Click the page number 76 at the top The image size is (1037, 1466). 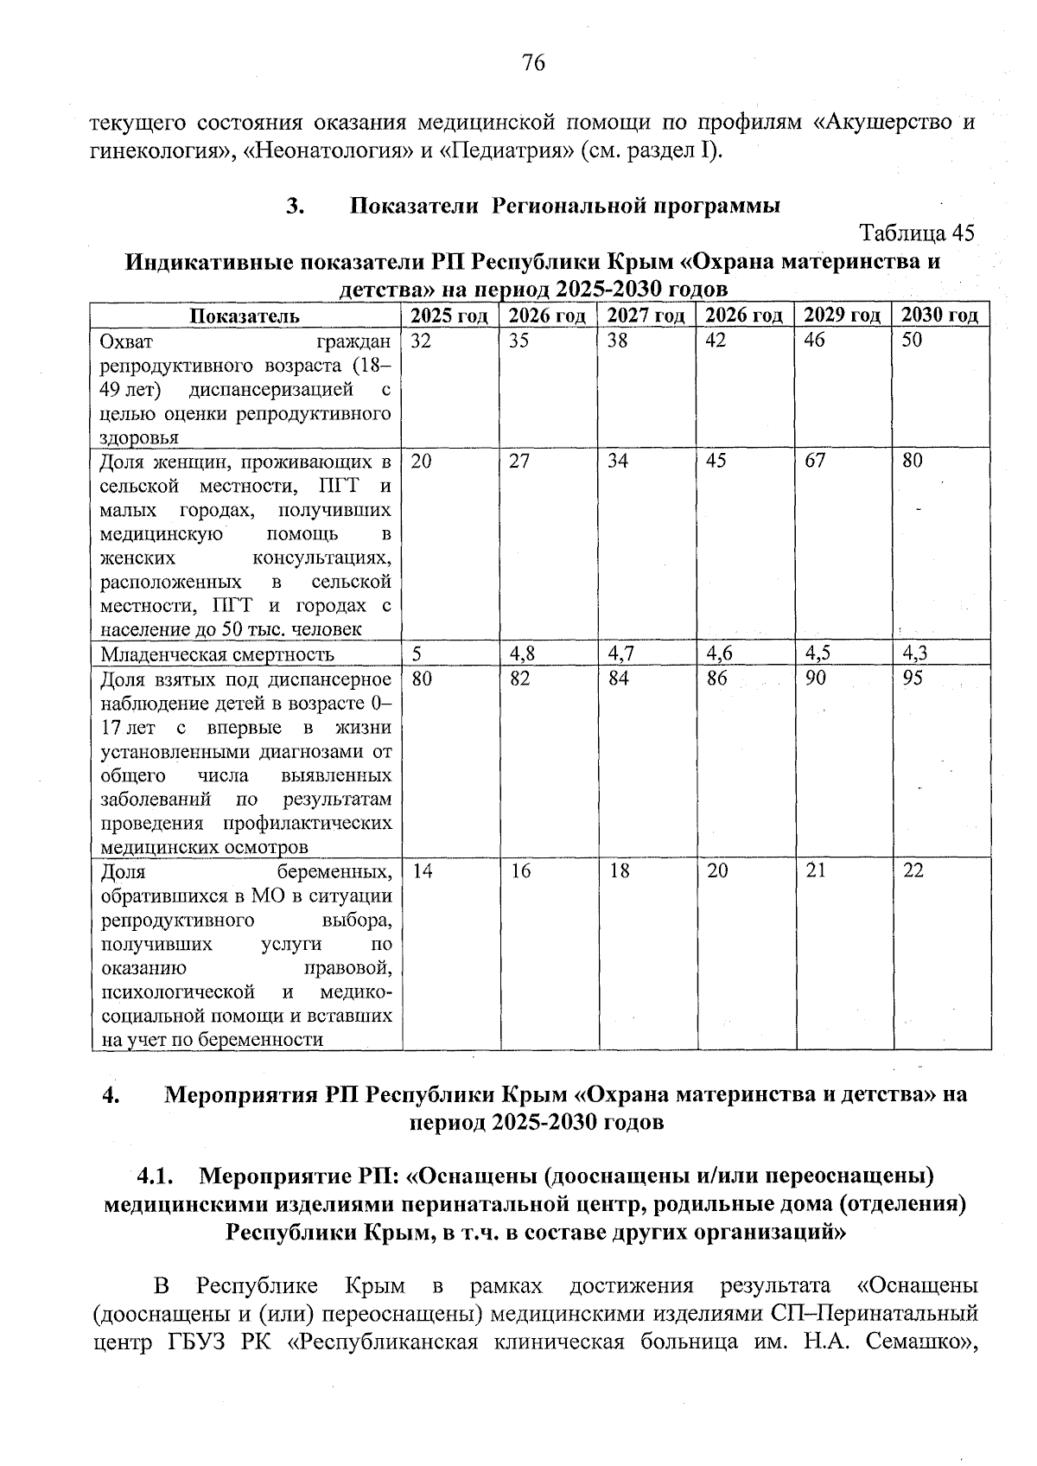(533, 63)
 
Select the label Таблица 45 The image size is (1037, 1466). (917, 233)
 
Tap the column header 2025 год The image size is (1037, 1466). (449, 316)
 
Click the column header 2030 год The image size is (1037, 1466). (940, 316)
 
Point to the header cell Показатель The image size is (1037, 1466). (245, 316)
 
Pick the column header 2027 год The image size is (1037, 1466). (646, 316)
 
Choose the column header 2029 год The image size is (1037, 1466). (843, 316)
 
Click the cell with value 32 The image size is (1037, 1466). (421, 341)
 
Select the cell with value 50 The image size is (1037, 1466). (913, 341)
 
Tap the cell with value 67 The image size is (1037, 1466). (815, 461)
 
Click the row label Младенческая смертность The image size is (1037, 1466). (218, 654)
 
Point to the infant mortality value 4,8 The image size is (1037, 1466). (521, 653)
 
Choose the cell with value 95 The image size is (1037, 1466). (913, 679)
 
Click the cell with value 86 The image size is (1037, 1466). (716, 679)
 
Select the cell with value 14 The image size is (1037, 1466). (422, 871)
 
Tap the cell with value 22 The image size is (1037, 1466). (913, 871)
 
